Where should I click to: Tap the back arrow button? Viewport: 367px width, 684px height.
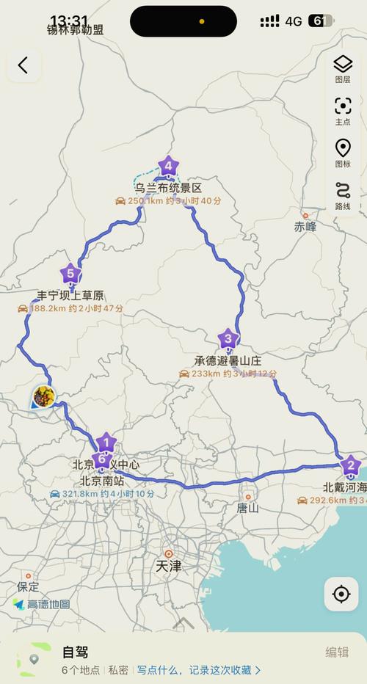23,65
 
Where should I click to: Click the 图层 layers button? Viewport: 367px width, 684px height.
343,68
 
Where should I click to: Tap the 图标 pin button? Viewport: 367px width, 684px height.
343,153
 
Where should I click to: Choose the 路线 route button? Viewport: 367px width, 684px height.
343,194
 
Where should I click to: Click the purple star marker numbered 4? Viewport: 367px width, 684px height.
168,167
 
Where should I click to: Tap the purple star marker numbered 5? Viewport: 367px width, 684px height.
70,274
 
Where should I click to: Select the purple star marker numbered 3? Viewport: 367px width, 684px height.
228,339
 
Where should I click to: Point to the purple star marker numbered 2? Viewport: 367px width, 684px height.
350,466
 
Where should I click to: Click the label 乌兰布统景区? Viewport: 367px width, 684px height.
167,188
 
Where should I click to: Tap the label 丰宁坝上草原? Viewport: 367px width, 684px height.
70,296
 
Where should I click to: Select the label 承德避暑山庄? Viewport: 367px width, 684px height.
228,360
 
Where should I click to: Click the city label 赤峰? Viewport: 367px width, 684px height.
305,227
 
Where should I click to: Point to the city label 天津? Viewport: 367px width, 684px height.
169,566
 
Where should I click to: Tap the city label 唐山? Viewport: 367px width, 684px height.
247,507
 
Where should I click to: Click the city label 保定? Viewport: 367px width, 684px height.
28,586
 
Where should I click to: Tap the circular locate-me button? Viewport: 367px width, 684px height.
341,594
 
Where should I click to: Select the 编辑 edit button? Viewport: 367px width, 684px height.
337,652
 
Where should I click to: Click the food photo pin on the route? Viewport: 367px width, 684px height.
43,397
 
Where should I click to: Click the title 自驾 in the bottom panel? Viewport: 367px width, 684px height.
75,652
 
